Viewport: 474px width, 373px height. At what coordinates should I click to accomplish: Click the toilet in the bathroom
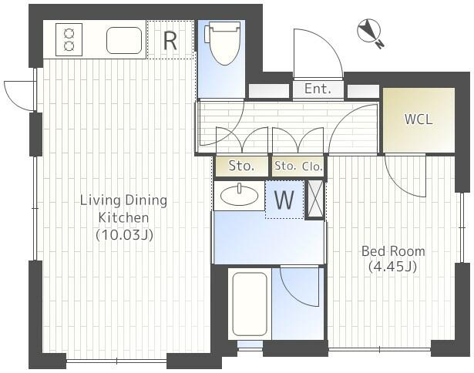(x=223, y=43)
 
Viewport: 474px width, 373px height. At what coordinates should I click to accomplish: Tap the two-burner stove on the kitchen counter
(x=69, y=39)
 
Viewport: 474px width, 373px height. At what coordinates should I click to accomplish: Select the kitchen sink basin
(x=124, y=41)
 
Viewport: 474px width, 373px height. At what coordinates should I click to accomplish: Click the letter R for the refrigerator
(x=170, y=41)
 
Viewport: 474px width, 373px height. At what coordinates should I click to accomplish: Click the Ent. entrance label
(x=318, y=89)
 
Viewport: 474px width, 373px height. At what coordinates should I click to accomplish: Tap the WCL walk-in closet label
(x=419, y=119)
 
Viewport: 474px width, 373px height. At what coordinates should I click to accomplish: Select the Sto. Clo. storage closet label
(x=298, y=166)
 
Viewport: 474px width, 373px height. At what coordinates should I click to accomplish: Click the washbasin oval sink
(x=240, y=196)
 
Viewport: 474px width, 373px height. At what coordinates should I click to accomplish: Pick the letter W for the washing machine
(x=284, y=200)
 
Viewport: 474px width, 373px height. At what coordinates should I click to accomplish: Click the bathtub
(x=250, y=304)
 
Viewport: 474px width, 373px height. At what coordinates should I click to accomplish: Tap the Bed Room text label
(x=393, y=251)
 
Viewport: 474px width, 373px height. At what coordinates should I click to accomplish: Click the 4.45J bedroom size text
(x=393, y=267)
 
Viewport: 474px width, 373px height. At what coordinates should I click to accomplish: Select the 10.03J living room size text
(x=124, y=234)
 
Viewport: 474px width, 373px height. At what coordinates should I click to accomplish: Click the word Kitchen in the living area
(x=124, y=217)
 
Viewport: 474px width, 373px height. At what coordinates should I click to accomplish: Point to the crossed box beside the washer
(x=315, y=199)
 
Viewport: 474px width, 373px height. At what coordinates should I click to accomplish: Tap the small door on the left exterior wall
(x=18, y=96)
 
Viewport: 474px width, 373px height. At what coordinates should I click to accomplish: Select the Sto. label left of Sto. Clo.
(x=241, y=166)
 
